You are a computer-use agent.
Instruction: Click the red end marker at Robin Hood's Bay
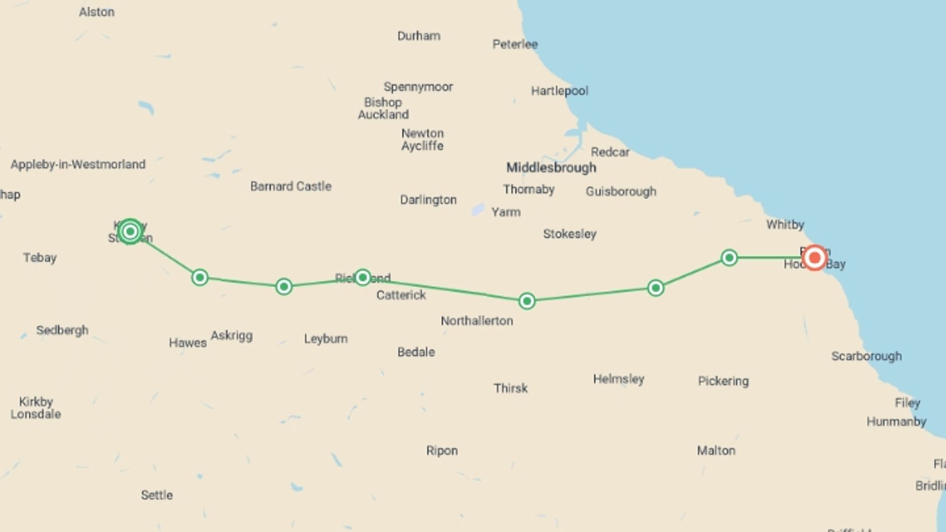point(814,258)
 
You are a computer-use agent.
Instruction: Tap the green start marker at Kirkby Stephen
point(130,232)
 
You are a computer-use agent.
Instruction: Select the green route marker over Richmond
point(363,277)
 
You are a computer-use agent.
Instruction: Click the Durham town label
point(419,36)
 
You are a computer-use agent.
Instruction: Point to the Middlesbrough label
point(551,168)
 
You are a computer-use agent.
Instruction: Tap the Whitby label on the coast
point(785,225)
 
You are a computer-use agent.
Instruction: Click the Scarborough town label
point(866,356)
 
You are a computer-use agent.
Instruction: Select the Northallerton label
point(476,321)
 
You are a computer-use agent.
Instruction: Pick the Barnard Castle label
point(291,187)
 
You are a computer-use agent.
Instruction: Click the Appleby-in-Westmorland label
point(78,165)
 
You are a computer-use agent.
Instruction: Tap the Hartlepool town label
point(559,91)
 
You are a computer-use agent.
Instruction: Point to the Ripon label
point(442,451)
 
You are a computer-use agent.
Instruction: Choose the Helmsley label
point(618,379)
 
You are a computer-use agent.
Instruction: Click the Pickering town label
point(723,381)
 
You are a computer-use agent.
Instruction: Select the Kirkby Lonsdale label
point(35,408)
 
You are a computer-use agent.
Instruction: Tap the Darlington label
point(428,200)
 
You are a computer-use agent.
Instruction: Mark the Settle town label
point(157,495)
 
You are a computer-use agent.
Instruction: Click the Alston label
point(97,12)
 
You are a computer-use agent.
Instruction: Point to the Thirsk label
point(510,388)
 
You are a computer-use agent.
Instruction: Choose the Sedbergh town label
point(62,330)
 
